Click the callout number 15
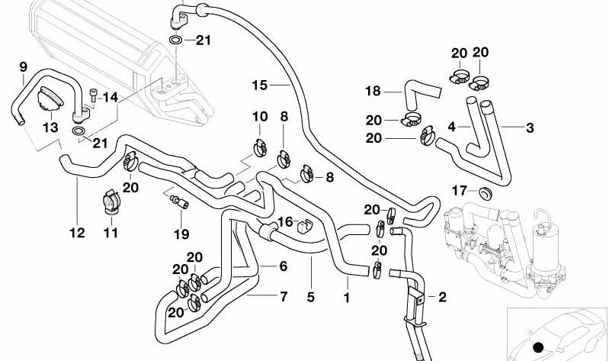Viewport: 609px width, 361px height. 260,85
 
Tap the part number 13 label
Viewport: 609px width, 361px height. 50,127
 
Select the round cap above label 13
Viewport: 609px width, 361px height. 50,101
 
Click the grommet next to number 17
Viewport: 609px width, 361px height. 486,193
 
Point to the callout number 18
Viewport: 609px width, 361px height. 373,91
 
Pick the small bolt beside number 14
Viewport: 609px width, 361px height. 93,95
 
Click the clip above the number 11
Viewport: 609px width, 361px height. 111,201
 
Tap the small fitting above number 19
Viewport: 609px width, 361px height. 179,201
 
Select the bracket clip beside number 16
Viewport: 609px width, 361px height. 306,226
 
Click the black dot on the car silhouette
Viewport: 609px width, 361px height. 538,347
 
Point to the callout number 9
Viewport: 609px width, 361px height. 24,67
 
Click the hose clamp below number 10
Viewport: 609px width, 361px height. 260,147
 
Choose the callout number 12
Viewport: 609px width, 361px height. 77,233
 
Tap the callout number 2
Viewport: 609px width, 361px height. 442,297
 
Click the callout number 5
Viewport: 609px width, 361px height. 311,297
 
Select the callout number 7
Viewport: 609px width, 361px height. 284,296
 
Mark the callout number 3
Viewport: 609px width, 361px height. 530,127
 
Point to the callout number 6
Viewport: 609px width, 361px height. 283,266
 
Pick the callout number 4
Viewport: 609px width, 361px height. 451,127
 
